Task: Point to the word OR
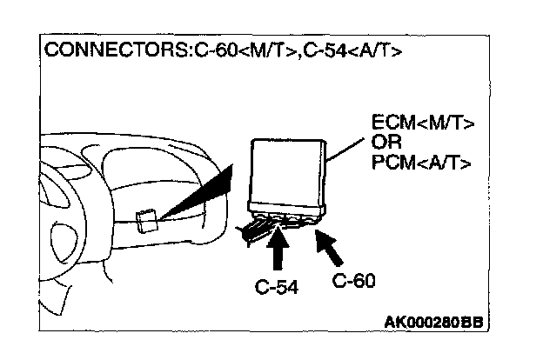(385, 143)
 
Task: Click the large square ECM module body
(287, 170)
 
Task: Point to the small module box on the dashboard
(148, 221)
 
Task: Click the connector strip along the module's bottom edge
(287, 209)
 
